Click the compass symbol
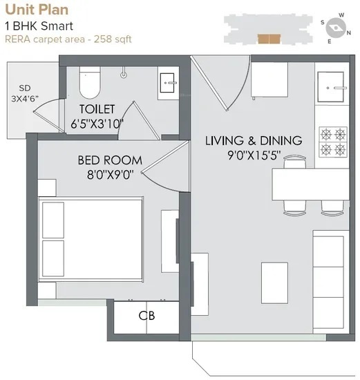click(x=338, y=27)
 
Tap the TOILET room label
click(x=97, y=110)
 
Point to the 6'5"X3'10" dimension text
click(x=97, y=124)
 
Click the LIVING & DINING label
click(x=254, y=141)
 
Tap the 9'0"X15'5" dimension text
click(x=254, y=156)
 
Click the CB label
click(x=146, y=316)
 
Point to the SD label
click(x=25, y=88)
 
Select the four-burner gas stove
click(x=332, y=140)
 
